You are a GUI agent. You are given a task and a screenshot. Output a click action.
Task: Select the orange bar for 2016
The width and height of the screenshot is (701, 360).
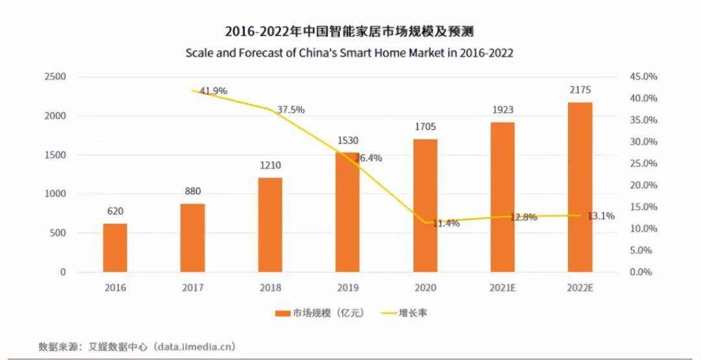tap(115, 247)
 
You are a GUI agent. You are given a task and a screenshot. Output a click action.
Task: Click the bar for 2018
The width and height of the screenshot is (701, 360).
tap(270, 224)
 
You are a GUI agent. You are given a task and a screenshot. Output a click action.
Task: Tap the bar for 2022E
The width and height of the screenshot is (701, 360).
tap(580, 187)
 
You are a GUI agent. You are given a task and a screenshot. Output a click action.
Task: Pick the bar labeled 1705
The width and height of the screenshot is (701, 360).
tap(425, 206)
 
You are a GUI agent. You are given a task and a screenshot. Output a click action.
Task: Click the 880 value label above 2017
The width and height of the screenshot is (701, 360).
tap(192, 191)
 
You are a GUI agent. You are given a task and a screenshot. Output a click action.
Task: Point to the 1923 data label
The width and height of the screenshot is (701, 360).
tap(502, 110)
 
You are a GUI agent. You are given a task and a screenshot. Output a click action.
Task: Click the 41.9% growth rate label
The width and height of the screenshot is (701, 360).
tap(214, 91)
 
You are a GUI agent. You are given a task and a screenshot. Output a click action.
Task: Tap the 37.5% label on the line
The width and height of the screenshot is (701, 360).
tap(291, 110)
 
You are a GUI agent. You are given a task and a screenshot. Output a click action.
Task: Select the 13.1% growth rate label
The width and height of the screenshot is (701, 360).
tap(601, 216)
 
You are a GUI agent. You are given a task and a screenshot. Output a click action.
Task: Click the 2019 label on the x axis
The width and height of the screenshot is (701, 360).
tap(347, 287)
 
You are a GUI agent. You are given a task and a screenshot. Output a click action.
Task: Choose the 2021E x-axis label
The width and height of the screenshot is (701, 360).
tap(502, 287)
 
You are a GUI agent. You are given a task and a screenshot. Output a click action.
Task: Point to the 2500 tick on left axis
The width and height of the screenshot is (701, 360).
tap(55, 77)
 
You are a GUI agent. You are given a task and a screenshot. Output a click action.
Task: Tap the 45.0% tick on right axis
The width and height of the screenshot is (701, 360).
tap(643, 77)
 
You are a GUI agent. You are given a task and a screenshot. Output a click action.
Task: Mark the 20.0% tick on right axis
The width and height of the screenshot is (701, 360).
tap(643, 185)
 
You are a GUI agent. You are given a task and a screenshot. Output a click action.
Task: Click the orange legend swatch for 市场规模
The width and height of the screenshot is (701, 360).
tap(282, 313)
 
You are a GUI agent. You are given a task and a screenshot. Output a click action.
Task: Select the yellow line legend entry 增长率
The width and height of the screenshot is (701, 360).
tap(404, 313)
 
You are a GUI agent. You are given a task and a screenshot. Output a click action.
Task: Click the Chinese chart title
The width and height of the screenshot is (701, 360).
tap(349, 32)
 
